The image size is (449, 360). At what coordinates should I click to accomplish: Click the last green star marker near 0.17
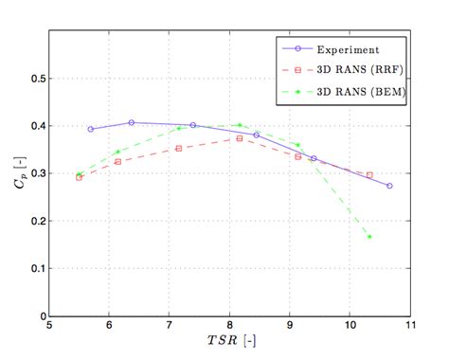point(369,236)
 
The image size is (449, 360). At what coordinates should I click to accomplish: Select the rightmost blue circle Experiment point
point(389,186)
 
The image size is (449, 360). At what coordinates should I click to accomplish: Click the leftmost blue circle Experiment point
point(91,129)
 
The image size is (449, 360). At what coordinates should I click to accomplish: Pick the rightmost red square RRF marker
point(369,175)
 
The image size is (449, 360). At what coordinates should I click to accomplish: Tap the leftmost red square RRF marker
point(79,177)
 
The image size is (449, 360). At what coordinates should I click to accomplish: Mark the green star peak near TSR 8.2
point(240,125)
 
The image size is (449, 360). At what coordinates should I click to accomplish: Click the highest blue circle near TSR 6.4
point(132,122)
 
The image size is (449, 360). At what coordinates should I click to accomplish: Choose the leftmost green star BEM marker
point(79,174)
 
